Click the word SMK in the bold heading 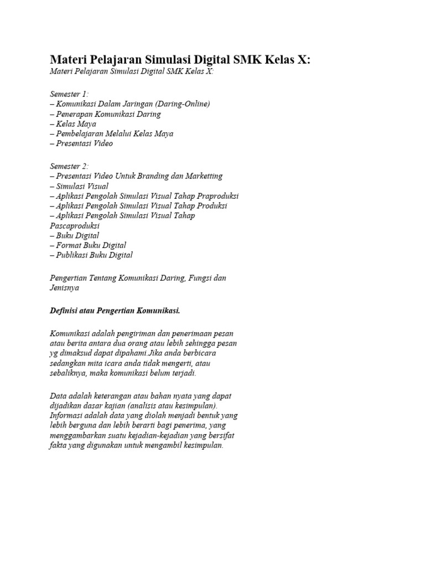pyautogui.click(x=247, y=59)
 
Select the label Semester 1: pyautogui.click(x=69, y=94)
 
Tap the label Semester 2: pyautogui.click(x=69, y=166)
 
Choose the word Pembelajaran pyautogui.click(x=79, y=134)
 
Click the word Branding pyautogui.click(x=168, y=176)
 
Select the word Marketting pyautogui.click(x=204, y=176)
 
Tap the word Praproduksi pyautogui.click(x=215, y=196)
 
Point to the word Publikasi pyautogui.click(x=72, y=255)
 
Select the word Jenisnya pyautogui.click(x=65, y=288)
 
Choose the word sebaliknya pyautogui.click(x=68, y=373)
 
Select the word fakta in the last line pyautogui.click(x=58, y=446)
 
